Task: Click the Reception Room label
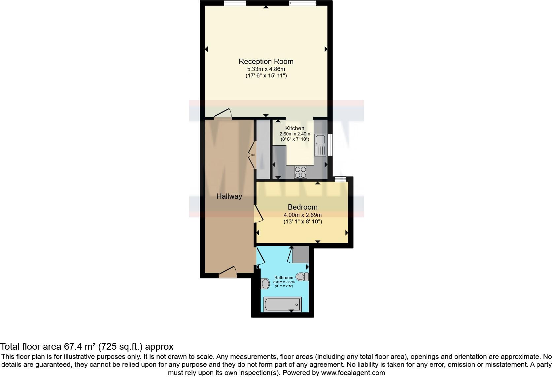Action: (266, 61)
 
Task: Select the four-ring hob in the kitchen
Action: (300, 172)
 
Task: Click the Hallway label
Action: (229, 196)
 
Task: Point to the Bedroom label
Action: (302, 207)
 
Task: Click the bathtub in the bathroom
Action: (282, 304)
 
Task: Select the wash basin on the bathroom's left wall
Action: (265, 283)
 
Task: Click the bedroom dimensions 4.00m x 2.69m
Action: (302, 215)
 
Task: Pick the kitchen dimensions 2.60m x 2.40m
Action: (295, 134)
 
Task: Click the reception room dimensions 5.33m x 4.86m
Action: (266, 69)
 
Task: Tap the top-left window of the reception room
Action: (235, 3)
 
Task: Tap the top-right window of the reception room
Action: (302, 3)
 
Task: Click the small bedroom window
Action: (340, 179)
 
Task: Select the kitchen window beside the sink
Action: (330, 144)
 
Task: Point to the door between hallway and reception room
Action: (223, 114)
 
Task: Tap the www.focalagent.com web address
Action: (353, 373)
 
